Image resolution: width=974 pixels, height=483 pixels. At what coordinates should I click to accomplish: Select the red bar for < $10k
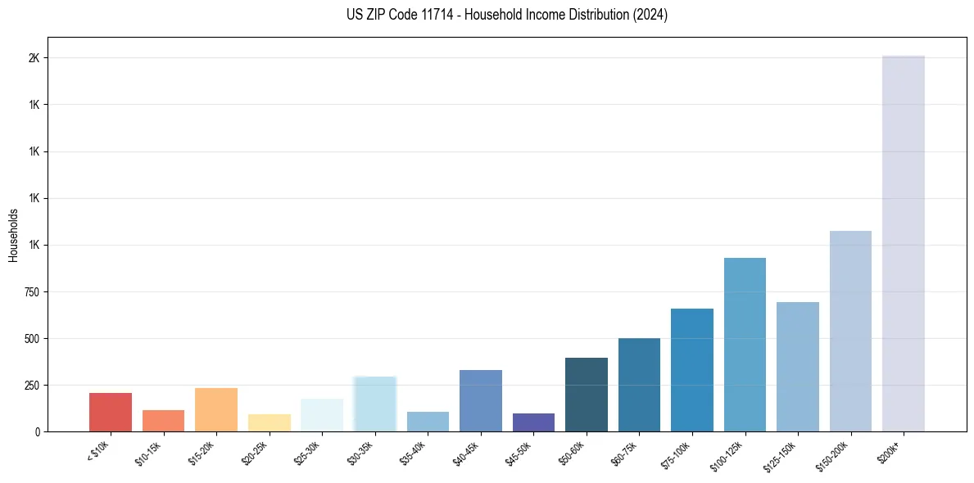click(x=111, y=412)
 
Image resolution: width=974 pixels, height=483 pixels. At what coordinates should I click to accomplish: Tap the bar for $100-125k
click(x=745, y=345)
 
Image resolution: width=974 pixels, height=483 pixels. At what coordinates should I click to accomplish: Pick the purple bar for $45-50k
click(x=533, y=422)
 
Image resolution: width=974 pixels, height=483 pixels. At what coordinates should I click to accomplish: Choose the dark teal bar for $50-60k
click(x=587, y=395)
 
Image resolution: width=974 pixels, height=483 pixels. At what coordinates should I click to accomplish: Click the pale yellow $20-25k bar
click(x=270, y=422)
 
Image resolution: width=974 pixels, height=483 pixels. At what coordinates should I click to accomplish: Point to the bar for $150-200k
click(x=850, y=331)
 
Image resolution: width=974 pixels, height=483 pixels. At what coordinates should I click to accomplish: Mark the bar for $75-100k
click(x=692, y=370)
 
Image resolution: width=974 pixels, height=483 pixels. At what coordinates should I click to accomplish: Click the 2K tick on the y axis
click(x=33, y=58)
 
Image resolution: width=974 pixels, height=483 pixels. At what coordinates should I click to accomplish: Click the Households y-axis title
click(x=14, y=234)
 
